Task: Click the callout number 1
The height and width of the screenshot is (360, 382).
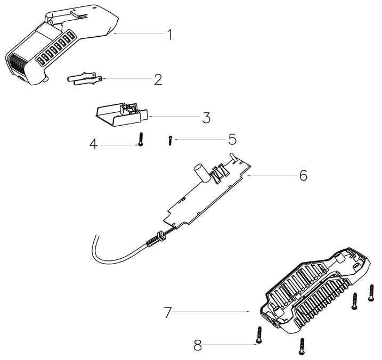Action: (x=170, y=35)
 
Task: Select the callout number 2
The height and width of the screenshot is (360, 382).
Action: (x=158, y=79)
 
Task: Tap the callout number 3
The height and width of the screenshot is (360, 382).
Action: (x=206, y=118)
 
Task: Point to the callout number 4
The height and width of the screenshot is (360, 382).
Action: (x=94, y=145)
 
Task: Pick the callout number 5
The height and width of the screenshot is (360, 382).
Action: (x=232, y=140)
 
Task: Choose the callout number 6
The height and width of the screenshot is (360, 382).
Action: (x=303, y=175)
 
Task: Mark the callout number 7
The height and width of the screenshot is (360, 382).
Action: (x=168, y=312)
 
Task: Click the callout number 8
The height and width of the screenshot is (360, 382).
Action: (x=198, y=346)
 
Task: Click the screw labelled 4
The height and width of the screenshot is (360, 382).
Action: (x=140, y=140)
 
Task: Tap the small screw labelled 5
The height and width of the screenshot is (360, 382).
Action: (x=170, y=141)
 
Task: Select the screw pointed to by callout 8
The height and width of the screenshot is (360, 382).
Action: (x=259, y=335)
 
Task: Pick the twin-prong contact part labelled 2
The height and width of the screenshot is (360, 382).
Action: (x=85, y=79)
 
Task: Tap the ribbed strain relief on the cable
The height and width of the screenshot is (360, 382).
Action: (x=154, y=240)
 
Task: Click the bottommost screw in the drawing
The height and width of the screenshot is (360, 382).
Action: (x=302, y=346)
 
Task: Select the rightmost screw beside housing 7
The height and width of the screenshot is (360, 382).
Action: (x=371, y=293)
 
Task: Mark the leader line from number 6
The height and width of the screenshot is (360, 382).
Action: (x=271, y=175)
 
